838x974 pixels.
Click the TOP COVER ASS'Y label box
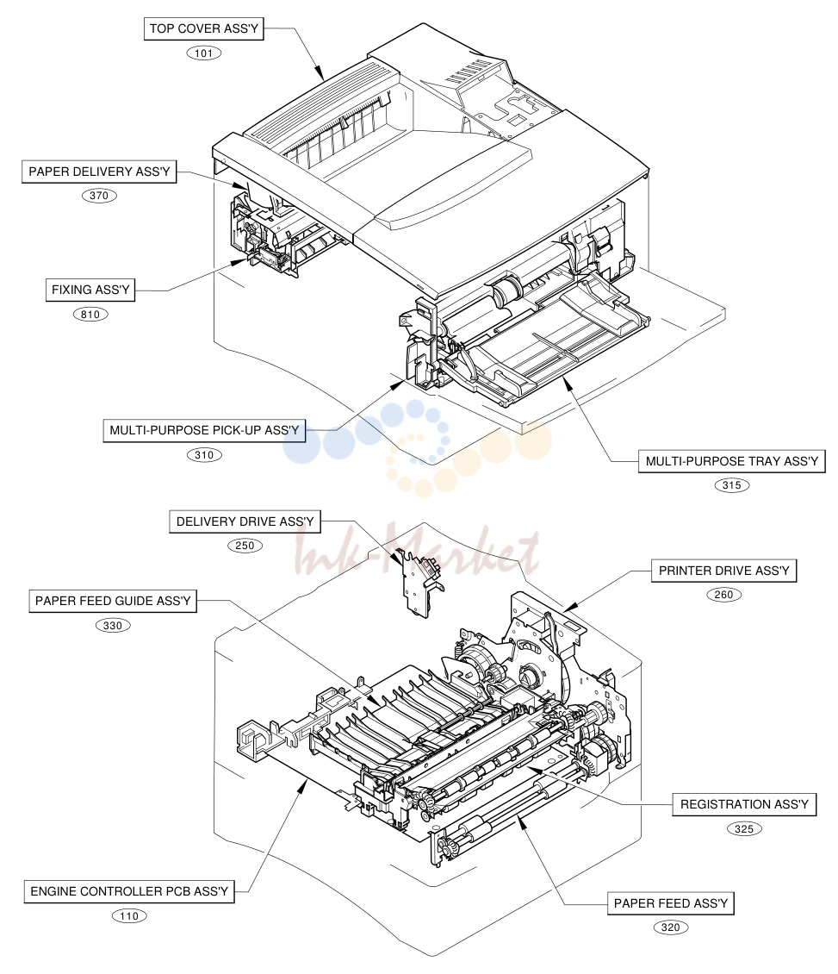(x=203, y=28)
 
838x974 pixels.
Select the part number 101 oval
(x=203, y=53)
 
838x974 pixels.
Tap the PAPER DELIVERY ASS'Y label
(x=99, y=172)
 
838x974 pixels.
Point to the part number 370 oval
(x=99, y=196)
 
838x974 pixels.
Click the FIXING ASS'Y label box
(x=90, y=290)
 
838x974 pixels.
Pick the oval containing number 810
(x=90, y=315)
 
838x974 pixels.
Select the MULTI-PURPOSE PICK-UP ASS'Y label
(x=204, y=430)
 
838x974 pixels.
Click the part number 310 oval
(x=204, y=455)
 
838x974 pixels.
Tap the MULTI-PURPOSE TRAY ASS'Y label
(x=732, y=461)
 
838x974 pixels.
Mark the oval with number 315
(x=732, y=486)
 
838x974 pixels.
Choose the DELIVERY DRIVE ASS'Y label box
(x=245, y=521)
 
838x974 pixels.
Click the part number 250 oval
(x=245, y=546)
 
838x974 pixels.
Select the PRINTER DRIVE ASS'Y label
(x=723, y=571)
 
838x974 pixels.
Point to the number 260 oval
(x=723, y=595)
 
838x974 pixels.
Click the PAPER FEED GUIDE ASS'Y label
(x=113, y=602)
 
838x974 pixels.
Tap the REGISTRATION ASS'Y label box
(x=744, y=804)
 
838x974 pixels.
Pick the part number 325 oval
(x=744, y=829)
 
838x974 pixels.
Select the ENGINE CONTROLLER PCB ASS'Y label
(x=129, y=891)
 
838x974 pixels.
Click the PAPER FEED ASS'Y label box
(x=671, y=903)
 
